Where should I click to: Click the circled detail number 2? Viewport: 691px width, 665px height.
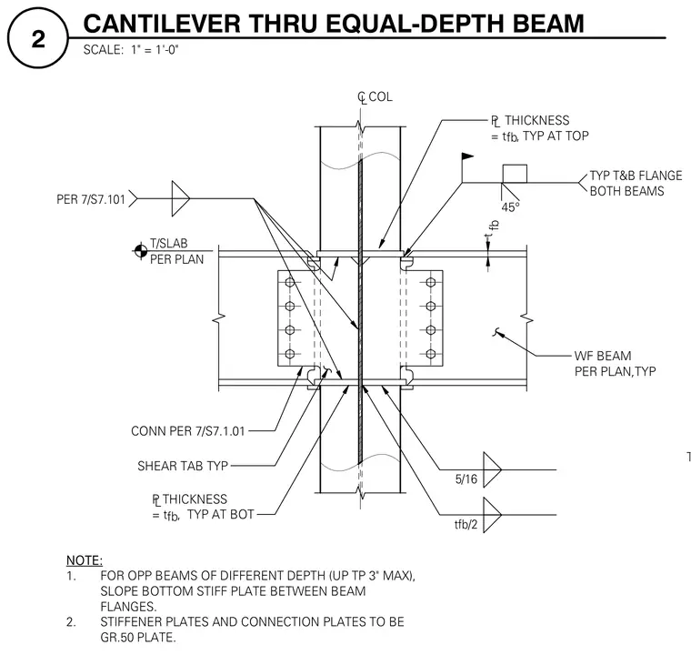click(x=38, y=39)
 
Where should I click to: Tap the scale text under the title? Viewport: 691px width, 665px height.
click(x=130, y=49)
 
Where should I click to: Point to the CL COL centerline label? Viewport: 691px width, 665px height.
click(x=375, y=97)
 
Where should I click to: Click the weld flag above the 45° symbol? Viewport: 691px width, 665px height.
click(x=467, y=156)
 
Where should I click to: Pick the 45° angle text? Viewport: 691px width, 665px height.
click(x=510, y=207)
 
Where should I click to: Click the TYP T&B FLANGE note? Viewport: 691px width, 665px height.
click(x=636, y=184)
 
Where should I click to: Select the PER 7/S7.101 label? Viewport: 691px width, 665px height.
click(x=91, y=199)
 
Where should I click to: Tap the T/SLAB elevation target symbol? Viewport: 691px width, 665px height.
click(x=141, y=251)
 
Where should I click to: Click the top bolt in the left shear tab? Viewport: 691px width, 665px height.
click(x=289, y=282)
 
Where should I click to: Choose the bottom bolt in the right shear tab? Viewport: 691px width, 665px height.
click(x=431, y=354)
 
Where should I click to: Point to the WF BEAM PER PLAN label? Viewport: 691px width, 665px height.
click(x=615, y=363)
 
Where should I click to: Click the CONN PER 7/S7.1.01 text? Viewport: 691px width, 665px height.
click(x=187, y=431)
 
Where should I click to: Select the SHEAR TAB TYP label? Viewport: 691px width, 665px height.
click(x=183, y=466)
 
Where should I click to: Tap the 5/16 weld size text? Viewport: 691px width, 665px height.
click(x=466, y=479)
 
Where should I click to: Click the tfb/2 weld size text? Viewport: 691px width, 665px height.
click(x=466, y=524)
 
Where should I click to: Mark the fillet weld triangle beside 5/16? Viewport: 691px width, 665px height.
click(x=492, y=469)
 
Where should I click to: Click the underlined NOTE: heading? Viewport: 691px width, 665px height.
click(x=85, y=560)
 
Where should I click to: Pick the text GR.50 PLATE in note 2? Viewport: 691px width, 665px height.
click(x=138, y=637)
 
